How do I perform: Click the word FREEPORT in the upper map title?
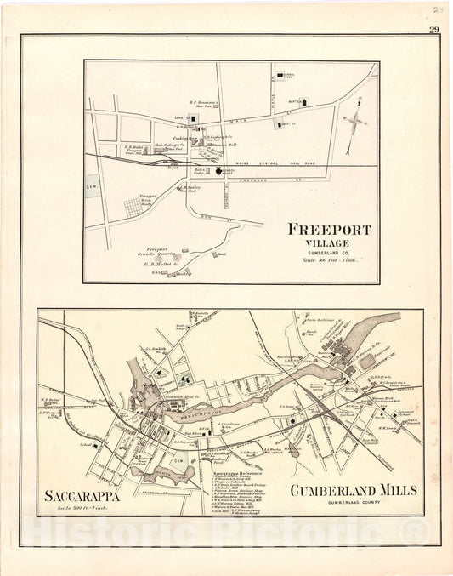pyautogui.click(x=326, y=229)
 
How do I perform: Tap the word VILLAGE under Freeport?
pyautogui.click(x=326, y=242)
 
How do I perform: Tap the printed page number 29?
pyautogui.click(x=434, y=31)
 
